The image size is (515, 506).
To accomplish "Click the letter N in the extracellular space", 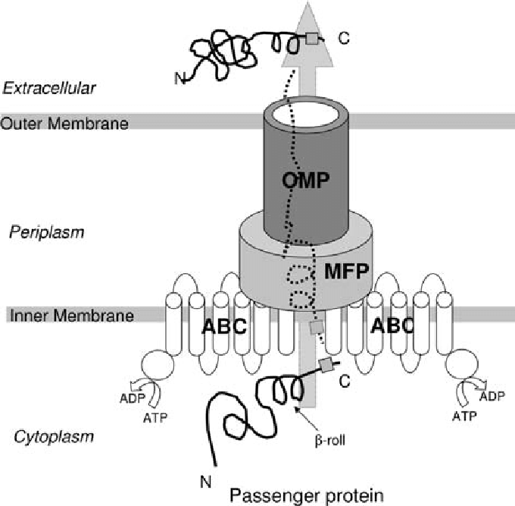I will pyautogui.click(x=179, y=76).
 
